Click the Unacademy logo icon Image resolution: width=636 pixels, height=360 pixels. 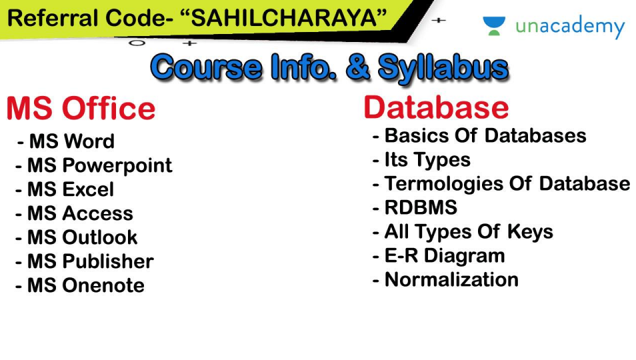[494, 26]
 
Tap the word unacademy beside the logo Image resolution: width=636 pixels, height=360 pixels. [570, 27]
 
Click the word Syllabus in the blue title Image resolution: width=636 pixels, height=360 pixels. [443, 67]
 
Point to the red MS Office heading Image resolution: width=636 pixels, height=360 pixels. [81, 109]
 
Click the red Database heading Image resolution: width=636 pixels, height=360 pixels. [436, 107]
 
